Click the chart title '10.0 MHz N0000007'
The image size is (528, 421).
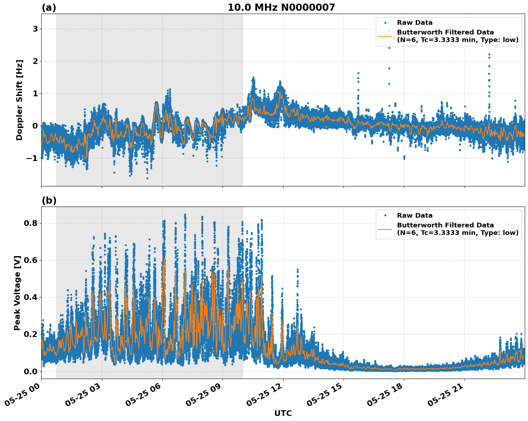pos(281,8)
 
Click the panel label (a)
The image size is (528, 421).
pos(49,8)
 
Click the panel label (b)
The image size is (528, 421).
pos(49,200)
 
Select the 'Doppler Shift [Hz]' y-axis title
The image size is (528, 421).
pos(19,100)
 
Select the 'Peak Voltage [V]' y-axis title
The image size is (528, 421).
pos(17,293)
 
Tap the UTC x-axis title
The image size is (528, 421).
pos(283,413)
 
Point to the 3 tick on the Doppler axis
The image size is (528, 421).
pos(35,29)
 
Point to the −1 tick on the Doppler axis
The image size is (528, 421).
pos(33,158)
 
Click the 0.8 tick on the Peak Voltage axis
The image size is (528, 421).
pos(31,223)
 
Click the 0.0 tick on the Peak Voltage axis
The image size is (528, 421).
pos(31,371)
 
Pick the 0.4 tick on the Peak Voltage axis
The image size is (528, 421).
pos(31,297)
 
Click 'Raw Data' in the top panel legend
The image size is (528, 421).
pos(415,23)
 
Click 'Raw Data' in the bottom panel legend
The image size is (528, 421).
pos(415,216)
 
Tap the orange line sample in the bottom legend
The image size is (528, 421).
pos(385,229)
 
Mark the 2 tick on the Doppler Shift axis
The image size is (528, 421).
pos(35,61)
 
